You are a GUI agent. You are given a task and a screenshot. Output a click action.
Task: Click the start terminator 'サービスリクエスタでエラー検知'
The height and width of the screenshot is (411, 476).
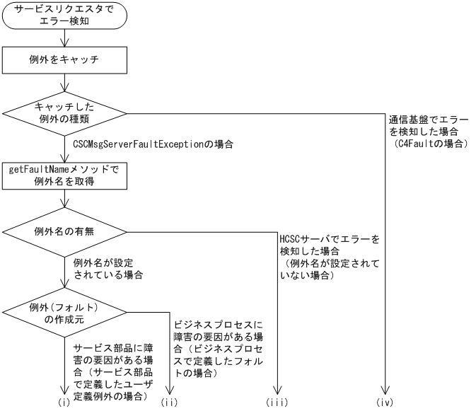coord(64,18)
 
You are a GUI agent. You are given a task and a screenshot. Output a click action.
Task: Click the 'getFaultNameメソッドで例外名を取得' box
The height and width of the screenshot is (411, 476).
coord(64,175)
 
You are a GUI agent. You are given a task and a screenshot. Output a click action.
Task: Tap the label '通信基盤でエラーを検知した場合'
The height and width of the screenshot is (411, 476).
coord(429,125)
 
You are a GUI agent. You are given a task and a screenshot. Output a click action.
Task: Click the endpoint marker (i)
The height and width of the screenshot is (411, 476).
coord(64,402)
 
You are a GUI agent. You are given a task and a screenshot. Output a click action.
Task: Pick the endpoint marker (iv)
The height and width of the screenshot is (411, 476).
coord(385,402)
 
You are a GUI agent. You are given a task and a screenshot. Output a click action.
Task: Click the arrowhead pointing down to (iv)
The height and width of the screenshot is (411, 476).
coord(385,391)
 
